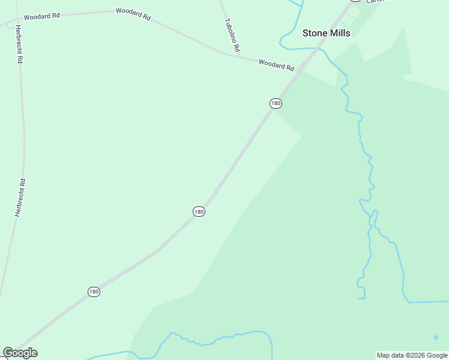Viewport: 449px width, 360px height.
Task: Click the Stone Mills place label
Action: click(326, 34)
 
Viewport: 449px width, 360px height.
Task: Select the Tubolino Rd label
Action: click(232, 35)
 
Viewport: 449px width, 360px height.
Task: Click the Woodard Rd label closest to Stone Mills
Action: click(276, 64)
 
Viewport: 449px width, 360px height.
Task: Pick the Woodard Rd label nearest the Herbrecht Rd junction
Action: click(41, 16)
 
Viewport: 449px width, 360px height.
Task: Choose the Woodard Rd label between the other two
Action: click(133, 14)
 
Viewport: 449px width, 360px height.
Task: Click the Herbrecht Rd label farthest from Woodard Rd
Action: click(20, 198)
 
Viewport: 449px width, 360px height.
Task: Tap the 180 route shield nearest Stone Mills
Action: click(275, 103)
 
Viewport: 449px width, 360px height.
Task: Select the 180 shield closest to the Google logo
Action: click(94, 292)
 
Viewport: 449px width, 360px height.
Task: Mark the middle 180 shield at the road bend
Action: click(199, 211)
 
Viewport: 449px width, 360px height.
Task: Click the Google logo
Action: click(20, 353)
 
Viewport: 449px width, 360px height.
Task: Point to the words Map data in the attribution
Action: click(391, 355)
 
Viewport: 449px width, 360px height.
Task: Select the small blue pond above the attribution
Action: click(436, 337)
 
